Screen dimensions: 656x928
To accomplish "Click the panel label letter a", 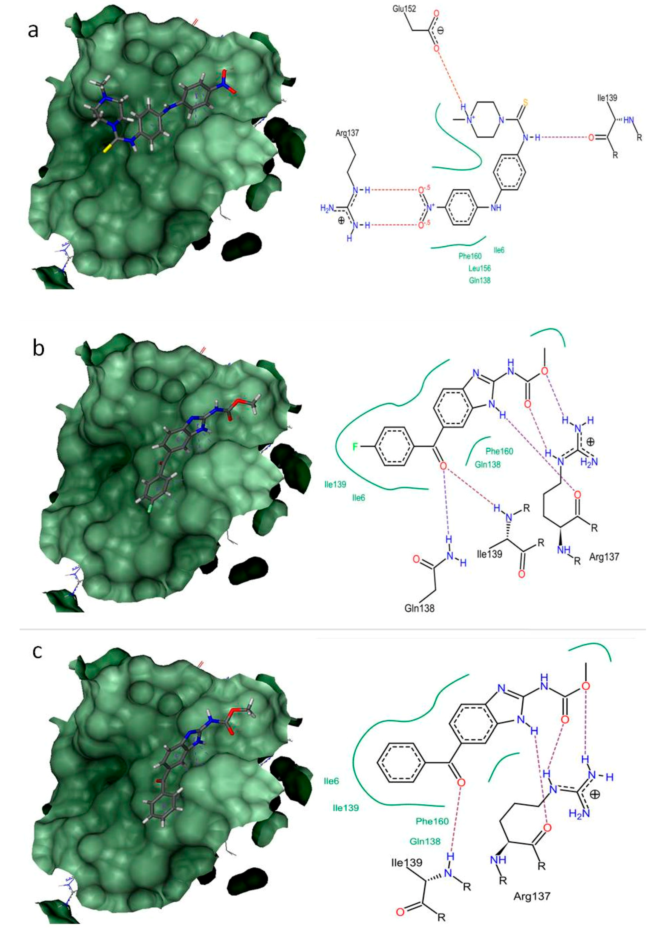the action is [x=33, y=30].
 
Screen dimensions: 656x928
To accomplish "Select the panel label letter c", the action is [x=37, y=651].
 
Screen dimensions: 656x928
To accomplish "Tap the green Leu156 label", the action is [x=479, y=268].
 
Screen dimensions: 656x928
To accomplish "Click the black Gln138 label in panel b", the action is [x=419, y=608].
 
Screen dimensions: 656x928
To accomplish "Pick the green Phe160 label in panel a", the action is [x=470, y=256].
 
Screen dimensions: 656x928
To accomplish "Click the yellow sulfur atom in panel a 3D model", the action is [x=106, y=150].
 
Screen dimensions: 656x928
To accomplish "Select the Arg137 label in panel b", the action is [x=604, y=557].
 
